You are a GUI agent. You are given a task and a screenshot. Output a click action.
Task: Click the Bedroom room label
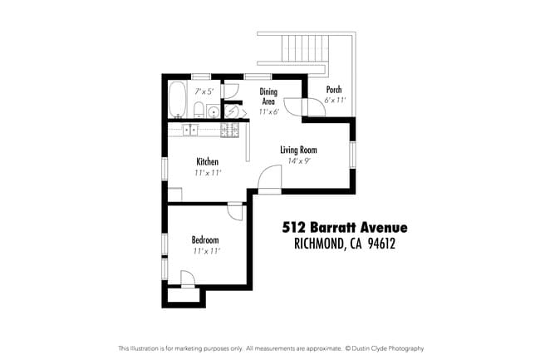pyautogui.click(x=207, y=239)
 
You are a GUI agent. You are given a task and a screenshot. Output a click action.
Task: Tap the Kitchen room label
pyautogui.click(x=207, y=160)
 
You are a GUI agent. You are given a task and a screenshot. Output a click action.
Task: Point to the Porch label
pyautogui.click(x=333, y=90)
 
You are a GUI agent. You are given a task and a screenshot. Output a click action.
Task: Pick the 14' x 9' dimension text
pyautogui.click(x=298, y=160)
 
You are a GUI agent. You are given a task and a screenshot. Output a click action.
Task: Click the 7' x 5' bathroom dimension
pyautogui.click(x=204, y=91)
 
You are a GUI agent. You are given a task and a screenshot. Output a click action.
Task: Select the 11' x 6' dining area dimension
pyautogui.click(x=268, y=111)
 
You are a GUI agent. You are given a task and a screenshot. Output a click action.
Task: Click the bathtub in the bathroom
pyautogui.click(x=178, y=101)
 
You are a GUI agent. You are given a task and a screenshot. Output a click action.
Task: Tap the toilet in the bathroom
pyautogui.click(x=198, y=112)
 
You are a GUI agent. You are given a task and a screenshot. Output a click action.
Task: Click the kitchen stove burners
pyautogui.click(x=229, y=130)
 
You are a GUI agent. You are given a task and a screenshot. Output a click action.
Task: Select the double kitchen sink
pyautogui.click(x=190, y=129)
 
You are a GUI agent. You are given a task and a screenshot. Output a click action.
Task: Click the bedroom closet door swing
pyautogui.click(x=188, y=279)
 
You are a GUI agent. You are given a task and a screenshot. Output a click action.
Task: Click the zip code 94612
pyautogui.click(x=378, y=244)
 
